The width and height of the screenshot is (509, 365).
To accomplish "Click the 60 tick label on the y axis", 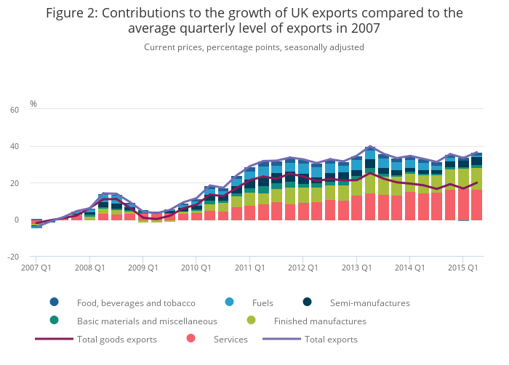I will (x=15, y=110).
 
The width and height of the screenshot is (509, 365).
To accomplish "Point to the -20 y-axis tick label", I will (x=14, y=257).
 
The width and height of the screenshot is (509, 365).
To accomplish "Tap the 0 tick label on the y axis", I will (x=17, y=220).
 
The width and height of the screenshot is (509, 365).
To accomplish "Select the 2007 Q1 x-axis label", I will (x=36, y=268).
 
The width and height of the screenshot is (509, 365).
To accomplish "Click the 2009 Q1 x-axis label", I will (x=143, y=268).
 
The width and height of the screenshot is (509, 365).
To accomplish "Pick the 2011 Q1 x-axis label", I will (x=249, y=268).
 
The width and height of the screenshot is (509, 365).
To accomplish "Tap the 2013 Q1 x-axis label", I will (x=356, y=268).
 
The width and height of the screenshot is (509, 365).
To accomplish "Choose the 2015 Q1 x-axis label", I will (x=462, y=268).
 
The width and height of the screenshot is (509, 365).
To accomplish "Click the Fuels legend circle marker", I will (x=230, y=302).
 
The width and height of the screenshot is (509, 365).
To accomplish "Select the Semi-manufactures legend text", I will (x=371, y=302).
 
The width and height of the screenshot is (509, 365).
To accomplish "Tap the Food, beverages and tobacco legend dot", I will (x=54, y=302).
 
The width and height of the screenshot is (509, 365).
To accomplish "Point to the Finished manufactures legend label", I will (x=320, y=321).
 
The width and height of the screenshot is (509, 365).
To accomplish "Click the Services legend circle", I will (x=191, y=339).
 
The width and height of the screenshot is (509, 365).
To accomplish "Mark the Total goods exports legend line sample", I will (x=54, y=339).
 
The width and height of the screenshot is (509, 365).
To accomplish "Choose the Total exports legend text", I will (x=331, y=339).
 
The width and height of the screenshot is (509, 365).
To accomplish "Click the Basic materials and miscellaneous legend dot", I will (x=54, y=321).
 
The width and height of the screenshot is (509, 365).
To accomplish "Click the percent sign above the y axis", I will (x=33, y=104).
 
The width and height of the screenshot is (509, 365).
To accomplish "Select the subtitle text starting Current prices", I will (x=254, y=47).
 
